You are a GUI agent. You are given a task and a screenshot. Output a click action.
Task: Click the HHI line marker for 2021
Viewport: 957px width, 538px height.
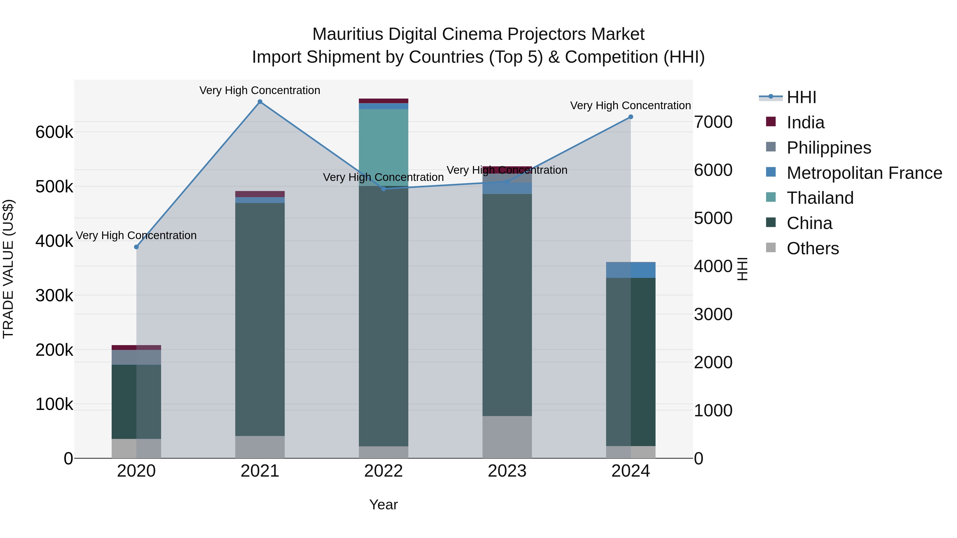click(260, 102)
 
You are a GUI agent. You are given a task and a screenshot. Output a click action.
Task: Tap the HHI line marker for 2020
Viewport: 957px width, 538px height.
click(136, 247)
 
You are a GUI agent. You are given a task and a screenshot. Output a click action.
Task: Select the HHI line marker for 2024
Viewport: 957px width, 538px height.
click(631, 117)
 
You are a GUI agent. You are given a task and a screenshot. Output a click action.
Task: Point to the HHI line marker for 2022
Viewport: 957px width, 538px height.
click(384, 189)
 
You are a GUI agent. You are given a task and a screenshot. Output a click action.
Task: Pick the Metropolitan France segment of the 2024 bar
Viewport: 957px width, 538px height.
click(631, 270)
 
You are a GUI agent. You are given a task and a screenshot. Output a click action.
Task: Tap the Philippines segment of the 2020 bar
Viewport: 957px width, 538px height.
click(136, 357)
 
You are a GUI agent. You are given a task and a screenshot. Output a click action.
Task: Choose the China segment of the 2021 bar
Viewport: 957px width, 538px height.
click(260, 319)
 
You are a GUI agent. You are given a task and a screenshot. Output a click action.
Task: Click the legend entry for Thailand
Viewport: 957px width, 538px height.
click(820, 198)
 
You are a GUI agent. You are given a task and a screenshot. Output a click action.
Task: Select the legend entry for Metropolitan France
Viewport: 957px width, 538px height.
click(864, 173)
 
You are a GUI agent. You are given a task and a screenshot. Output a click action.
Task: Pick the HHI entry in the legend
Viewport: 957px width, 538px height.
click(801, 97)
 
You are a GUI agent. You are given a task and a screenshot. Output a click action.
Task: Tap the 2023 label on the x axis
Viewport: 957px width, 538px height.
click(507, 471)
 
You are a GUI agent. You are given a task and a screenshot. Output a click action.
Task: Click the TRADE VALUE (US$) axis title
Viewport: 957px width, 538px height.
click(8, 269)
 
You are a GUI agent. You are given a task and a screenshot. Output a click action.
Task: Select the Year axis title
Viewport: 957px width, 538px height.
click(383, 505)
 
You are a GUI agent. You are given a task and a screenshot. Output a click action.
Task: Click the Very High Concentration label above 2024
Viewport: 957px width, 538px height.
click(631, 105)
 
